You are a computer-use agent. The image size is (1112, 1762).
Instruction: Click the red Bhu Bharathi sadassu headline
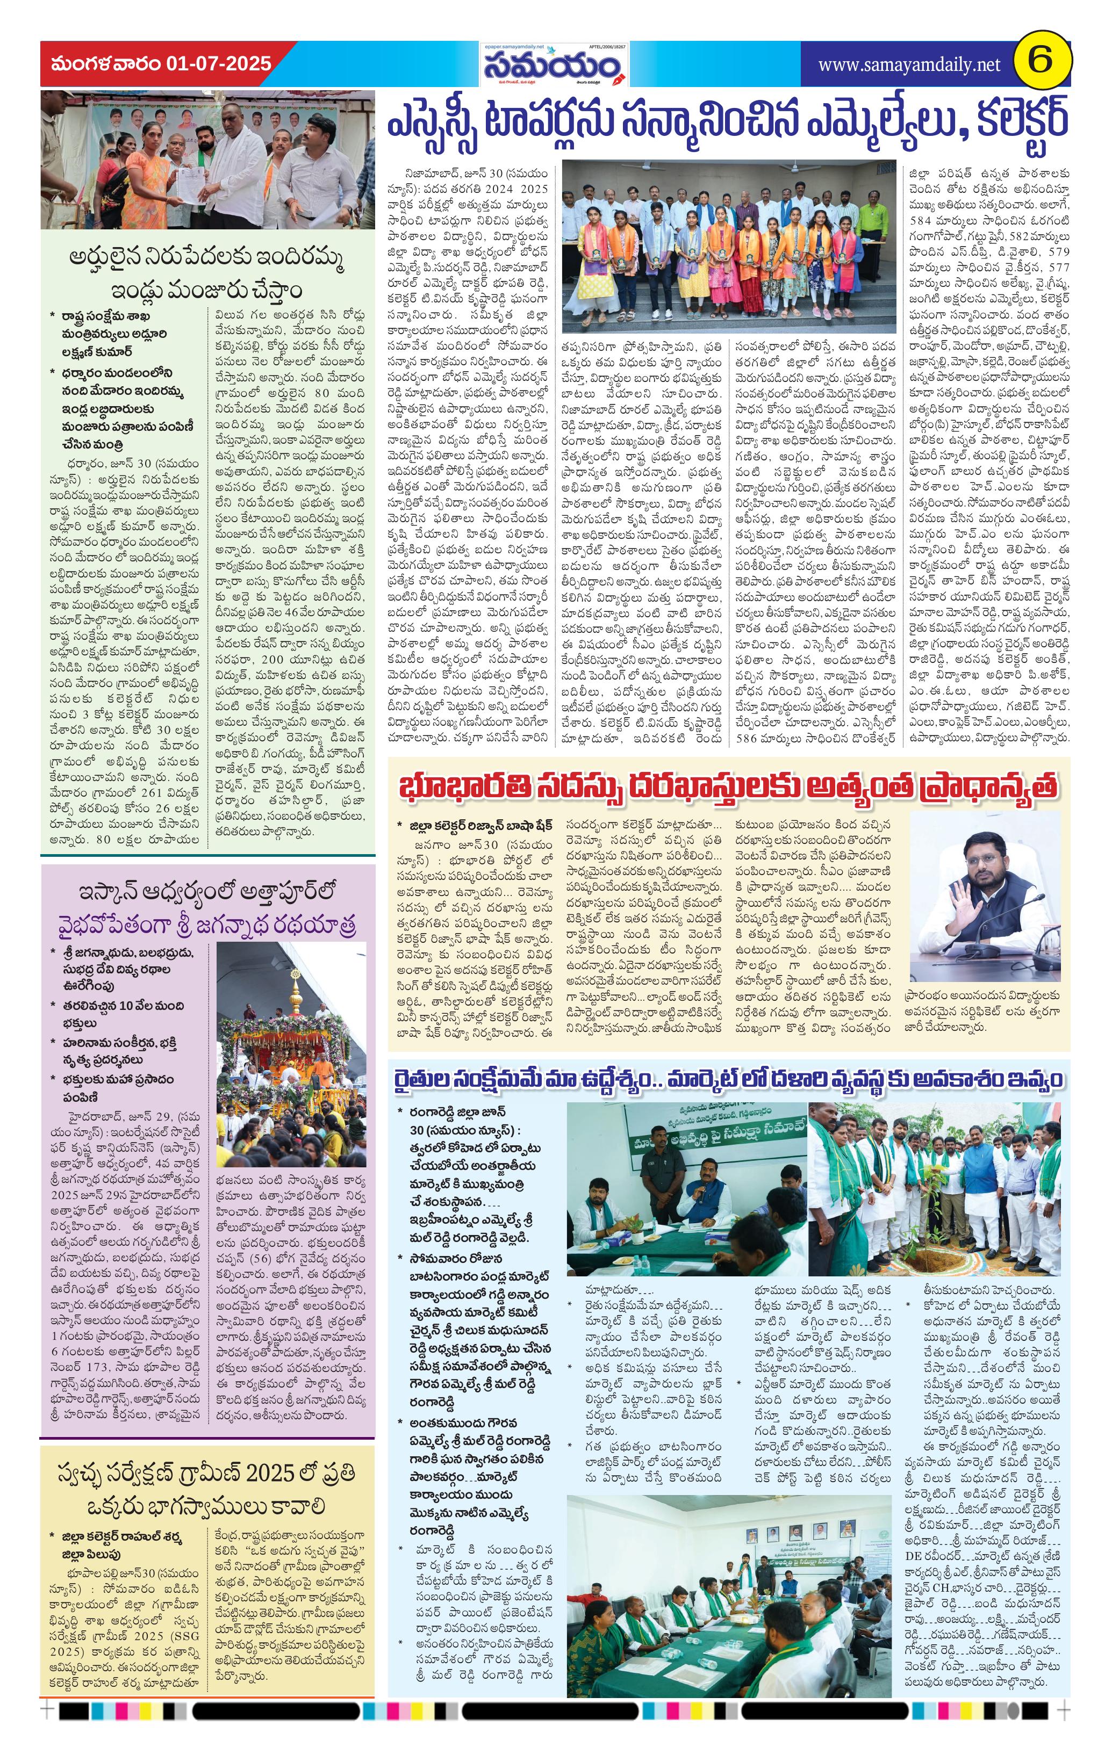[728, 788]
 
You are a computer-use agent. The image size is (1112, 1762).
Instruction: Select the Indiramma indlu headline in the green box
[207, 273]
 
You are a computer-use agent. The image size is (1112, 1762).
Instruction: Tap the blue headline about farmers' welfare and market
[728, 1079]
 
